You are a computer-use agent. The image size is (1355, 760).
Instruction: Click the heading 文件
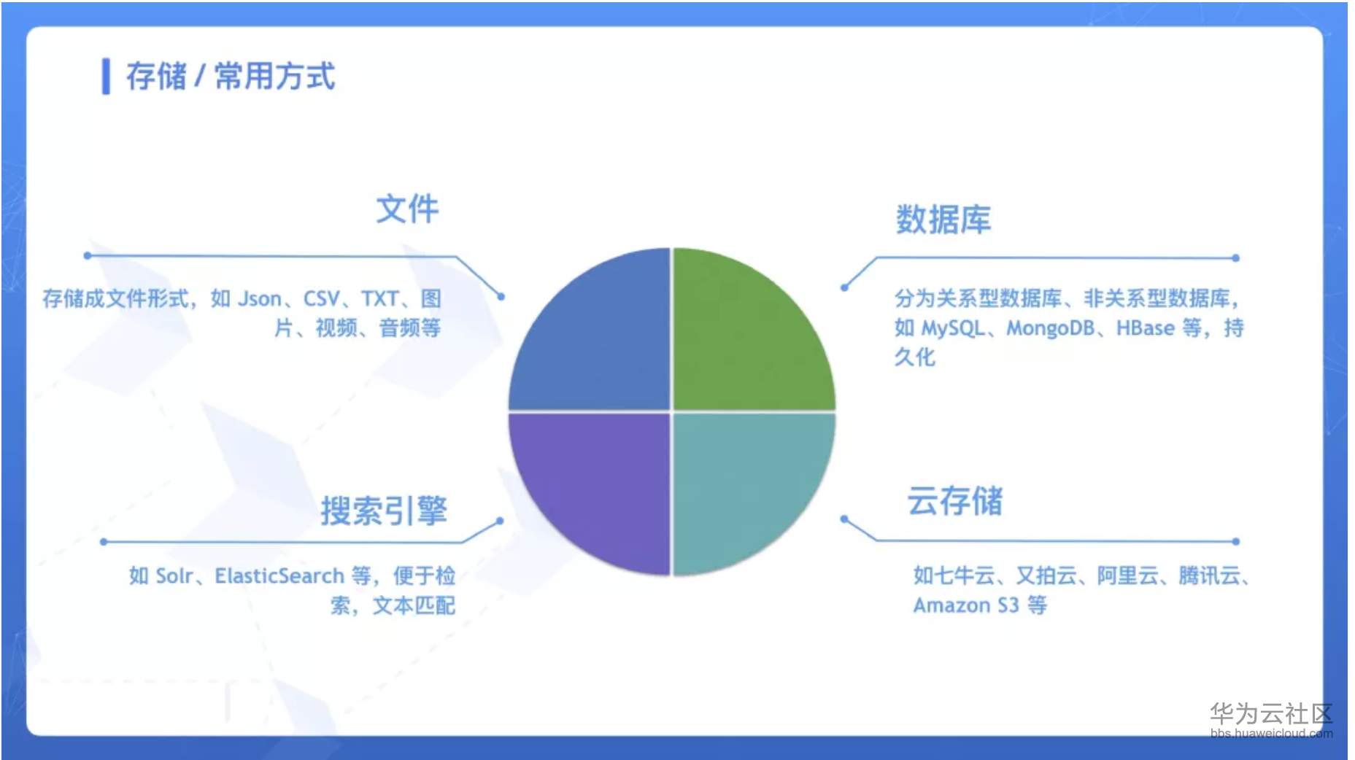[407, 209]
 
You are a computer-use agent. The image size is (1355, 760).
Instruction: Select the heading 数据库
[943, 220]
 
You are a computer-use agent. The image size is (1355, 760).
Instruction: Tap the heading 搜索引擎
[384, 511]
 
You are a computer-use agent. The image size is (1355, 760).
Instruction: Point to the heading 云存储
[954, 502]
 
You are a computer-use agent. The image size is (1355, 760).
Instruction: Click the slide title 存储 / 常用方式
[231, 77]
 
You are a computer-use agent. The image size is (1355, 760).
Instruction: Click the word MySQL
[953, 328]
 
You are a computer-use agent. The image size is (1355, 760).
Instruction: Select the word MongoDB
[1050, 328]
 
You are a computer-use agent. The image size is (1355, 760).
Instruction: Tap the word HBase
[1145, 328]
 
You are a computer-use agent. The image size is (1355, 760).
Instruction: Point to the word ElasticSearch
[279, 576]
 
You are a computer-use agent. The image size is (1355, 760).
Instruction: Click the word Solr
[174, 576]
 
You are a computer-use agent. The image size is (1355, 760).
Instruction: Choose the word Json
[260, 299]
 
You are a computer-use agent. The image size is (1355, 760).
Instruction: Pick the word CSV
[321, 299]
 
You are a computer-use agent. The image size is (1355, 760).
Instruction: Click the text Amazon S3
[965, 605]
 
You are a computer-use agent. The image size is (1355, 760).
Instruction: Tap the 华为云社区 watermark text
[1270, 713]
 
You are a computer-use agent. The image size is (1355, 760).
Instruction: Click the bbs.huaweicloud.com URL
[1270, 733]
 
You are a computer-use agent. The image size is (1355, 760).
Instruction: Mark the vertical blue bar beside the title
[106, 77]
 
